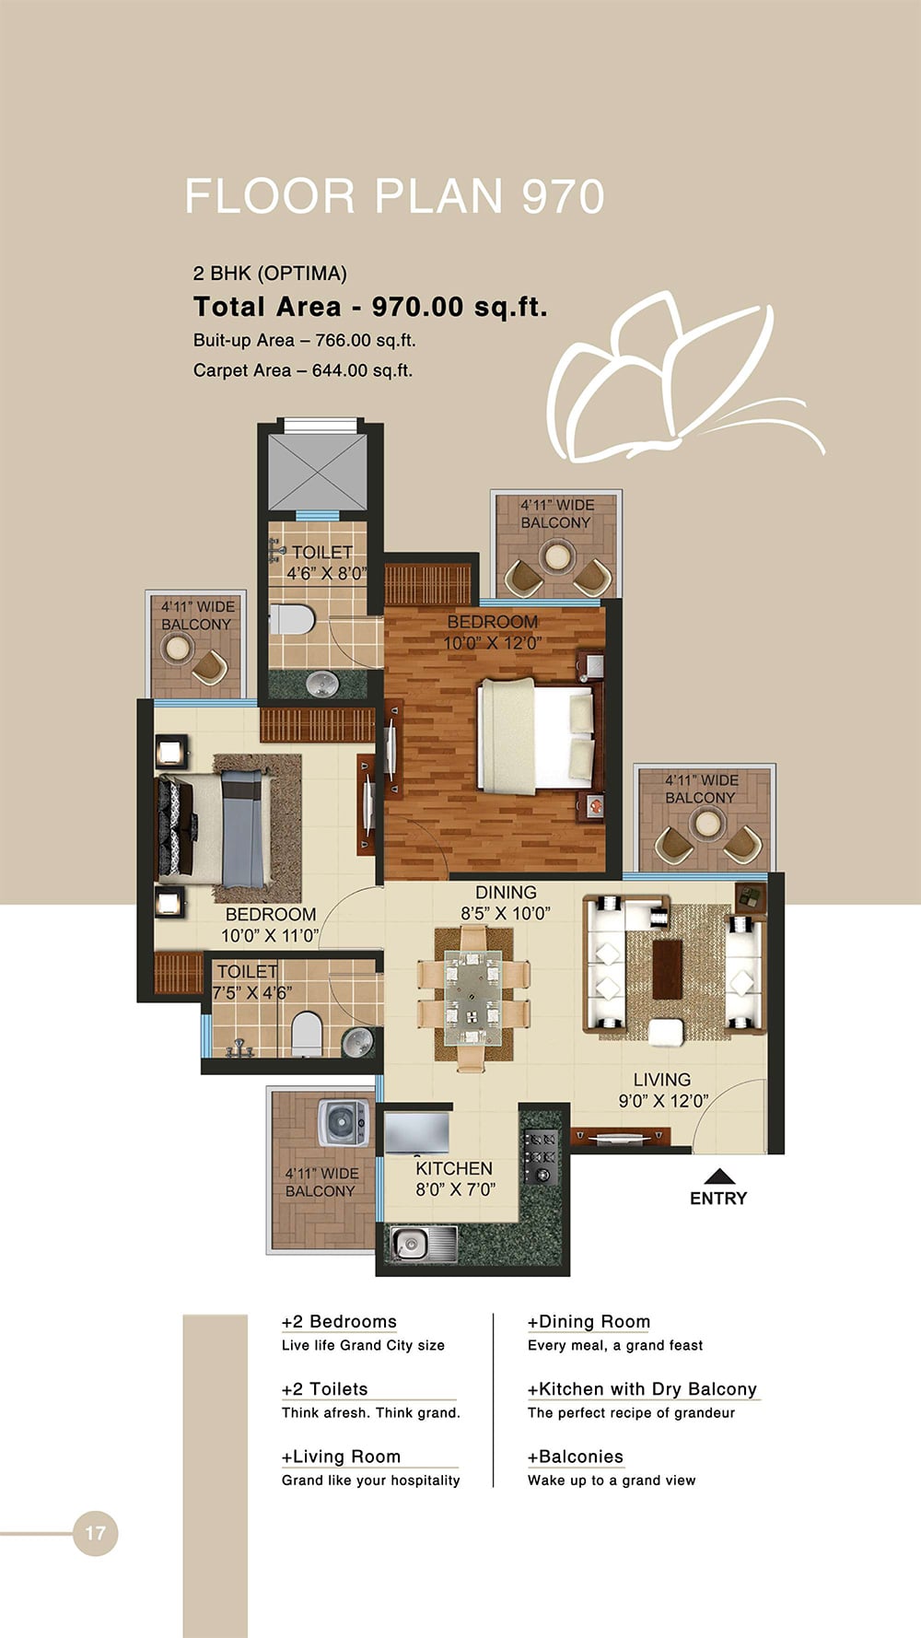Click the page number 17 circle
coord(95,1533)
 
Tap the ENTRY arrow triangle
coord(719,1176)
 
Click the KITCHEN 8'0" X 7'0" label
coord(454,1178)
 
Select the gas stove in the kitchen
coord(541,1157)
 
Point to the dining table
coord(472,1000)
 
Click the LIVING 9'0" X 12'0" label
coord(662,1089)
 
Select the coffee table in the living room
coord(668,968)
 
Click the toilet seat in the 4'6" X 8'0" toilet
coord(292,619)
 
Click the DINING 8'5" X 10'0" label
coord(506,902)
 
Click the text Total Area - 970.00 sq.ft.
coord(370,307)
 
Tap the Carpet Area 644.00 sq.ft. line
coord(303,370)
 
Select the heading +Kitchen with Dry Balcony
coord(642,1388)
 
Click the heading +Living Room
coord(341,1456)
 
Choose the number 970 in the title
coord(563,196)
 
